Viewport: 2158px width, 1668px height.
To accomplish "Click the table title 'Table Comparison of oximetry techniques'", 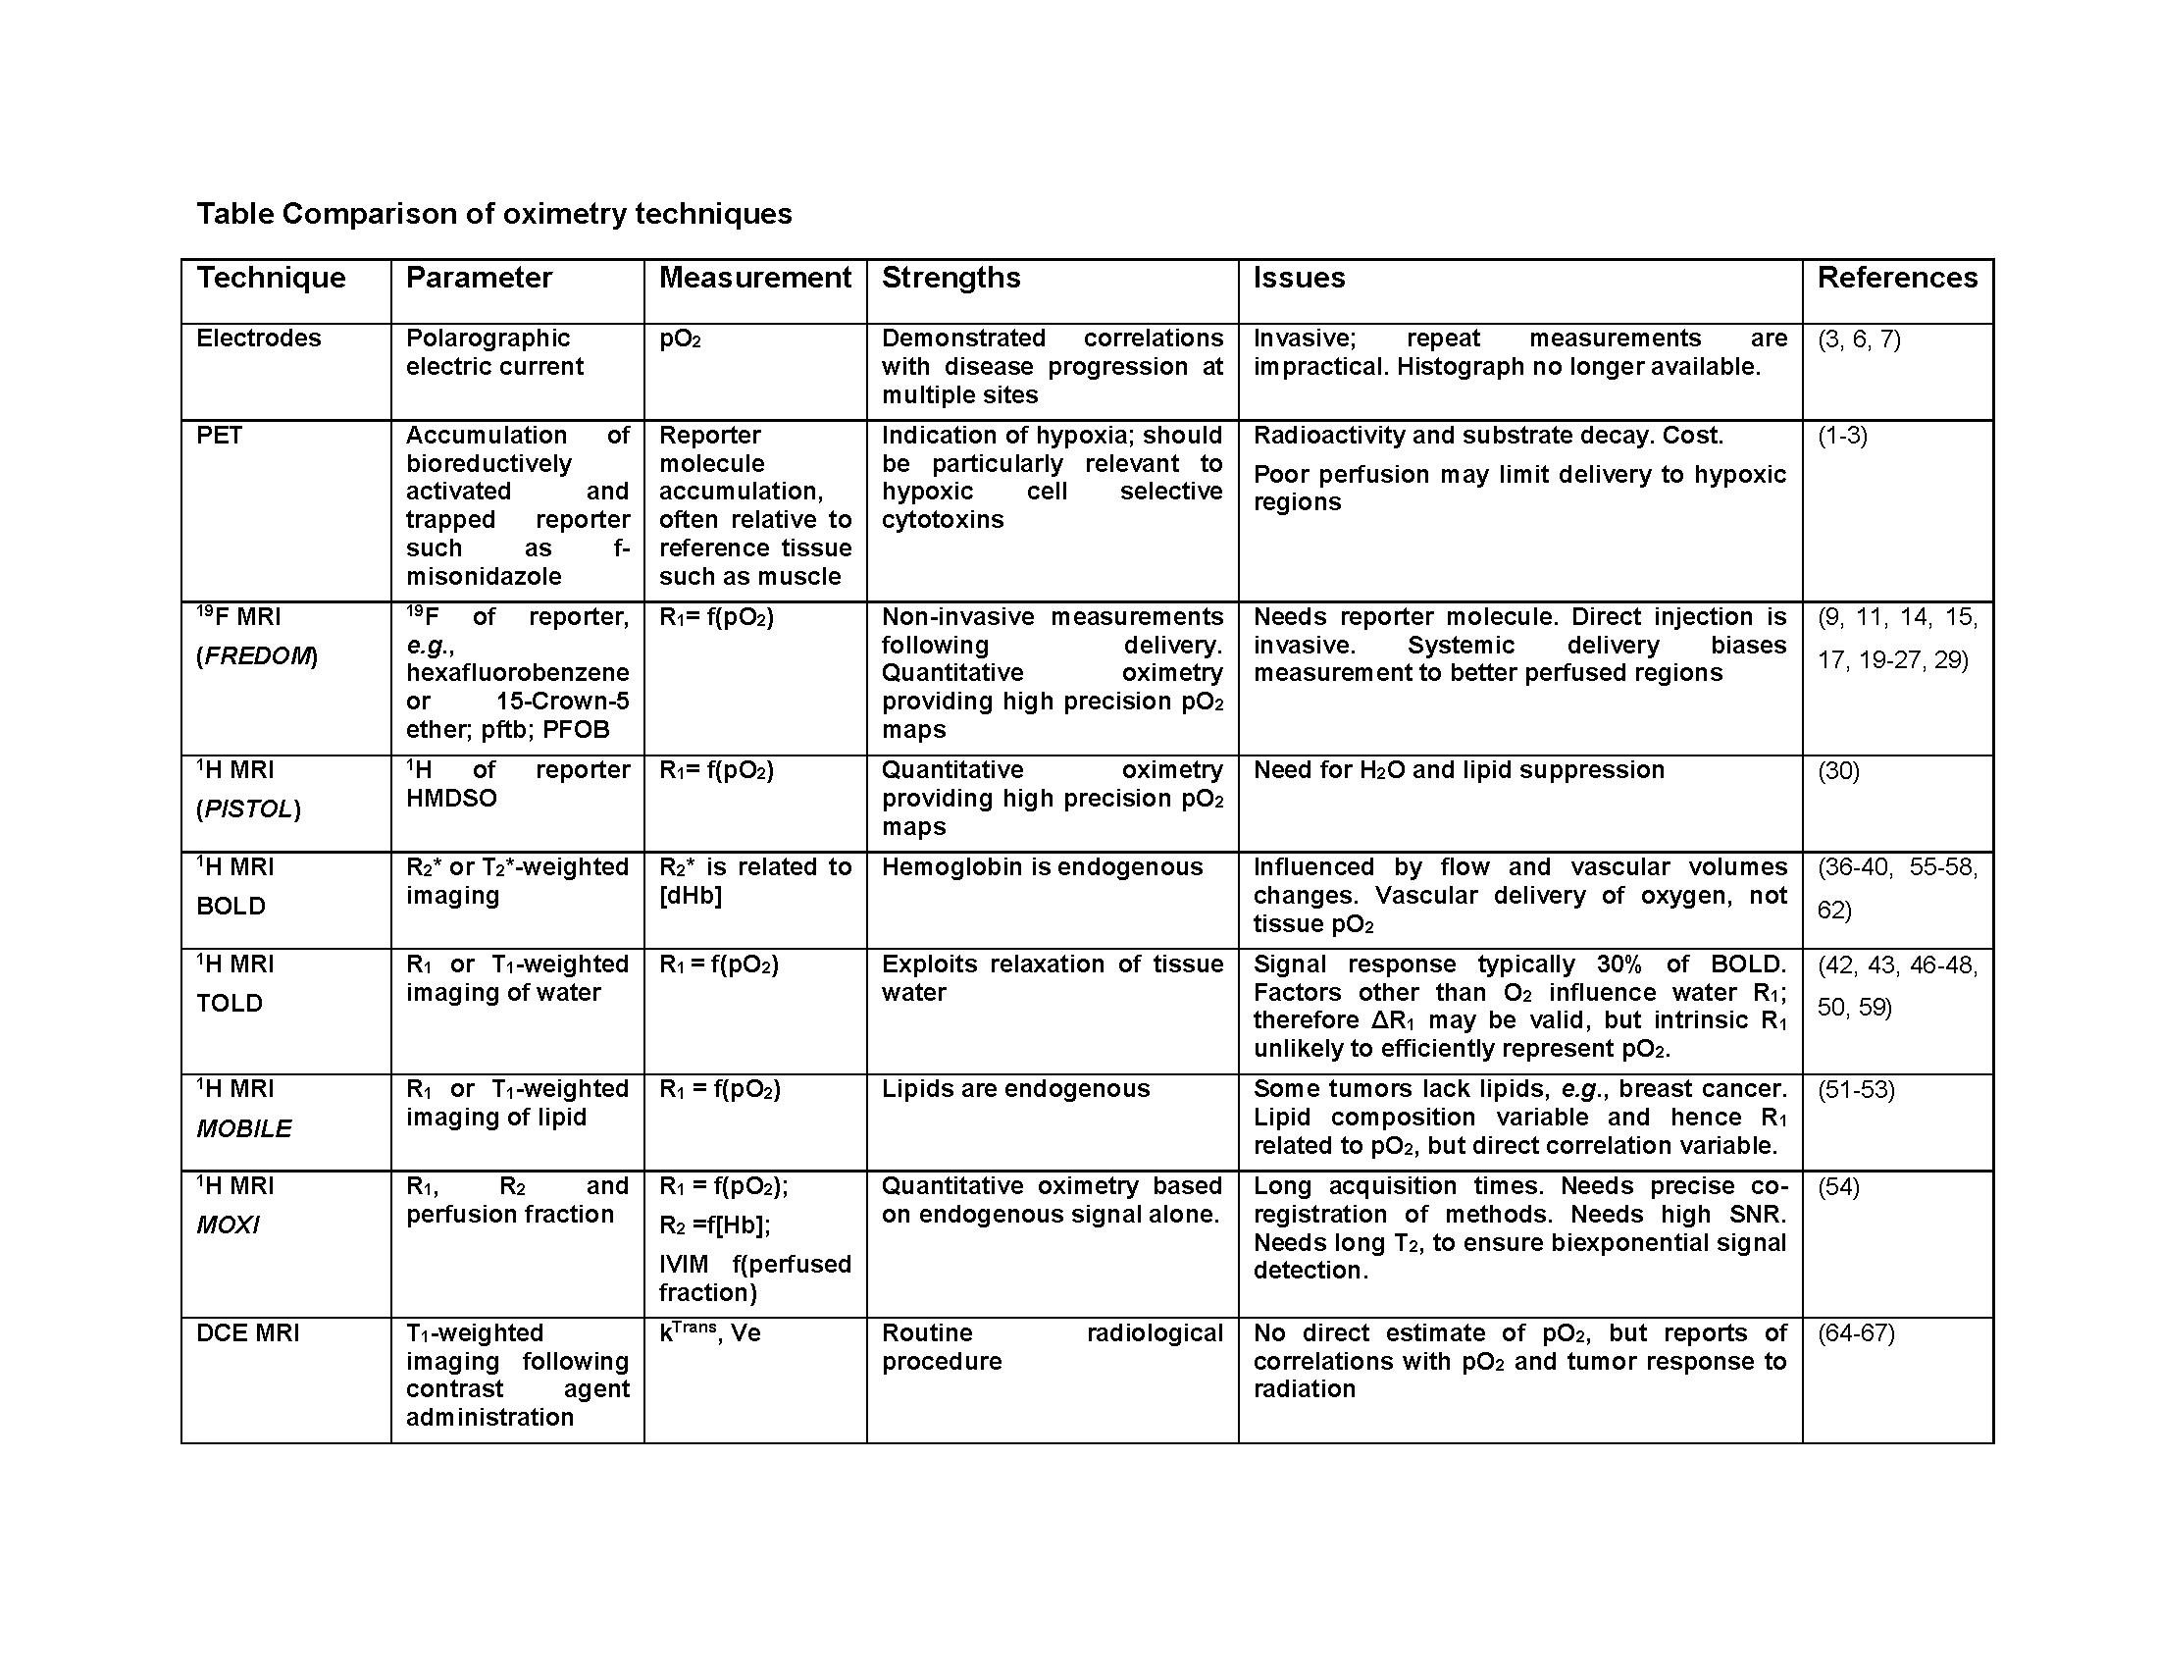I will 494,214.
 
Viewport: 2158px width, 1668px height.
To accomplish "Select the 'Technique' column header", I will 271,278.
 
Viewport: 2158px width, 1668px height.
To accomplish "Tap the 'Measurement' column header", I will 755,278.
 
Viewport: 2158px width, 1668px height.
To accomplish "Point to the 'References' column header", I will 1897,278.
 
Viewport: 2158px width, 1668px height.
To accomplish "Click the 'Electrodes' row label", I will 259,338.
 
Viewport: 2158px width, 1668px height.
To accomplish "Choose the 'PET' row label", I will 220,436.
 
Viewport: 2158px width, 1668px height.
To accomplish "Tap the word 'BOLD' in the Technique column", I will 231,907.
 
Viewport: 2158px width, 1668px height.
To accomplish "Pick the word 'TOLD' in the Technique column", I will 230,1003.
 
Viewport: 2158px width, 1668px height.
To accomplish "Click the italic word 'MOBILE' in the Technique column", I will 244,1128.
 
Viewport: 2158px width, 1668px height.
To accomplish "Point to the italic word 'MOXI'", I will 229,1225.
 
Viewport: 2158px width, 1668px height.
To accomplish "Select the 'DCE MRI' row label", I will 248,1333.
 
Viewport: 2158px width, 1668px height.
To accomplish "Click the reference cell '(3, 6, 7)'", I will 1860,339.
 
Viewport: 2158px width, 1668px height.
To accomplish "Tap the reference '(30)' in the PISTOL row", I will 1839,771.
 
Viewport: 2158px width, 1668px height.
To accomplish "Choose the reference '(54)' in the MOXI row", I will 1839,1187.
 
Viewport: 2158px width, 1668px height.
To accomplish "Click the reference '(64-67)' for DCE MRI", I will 1857,1334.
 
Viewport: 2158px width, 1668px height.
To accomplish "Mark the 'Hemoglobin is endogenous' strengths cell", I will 1043,867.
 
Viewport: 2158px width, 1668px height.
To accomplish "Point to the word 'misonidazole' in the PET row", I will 485,576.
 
